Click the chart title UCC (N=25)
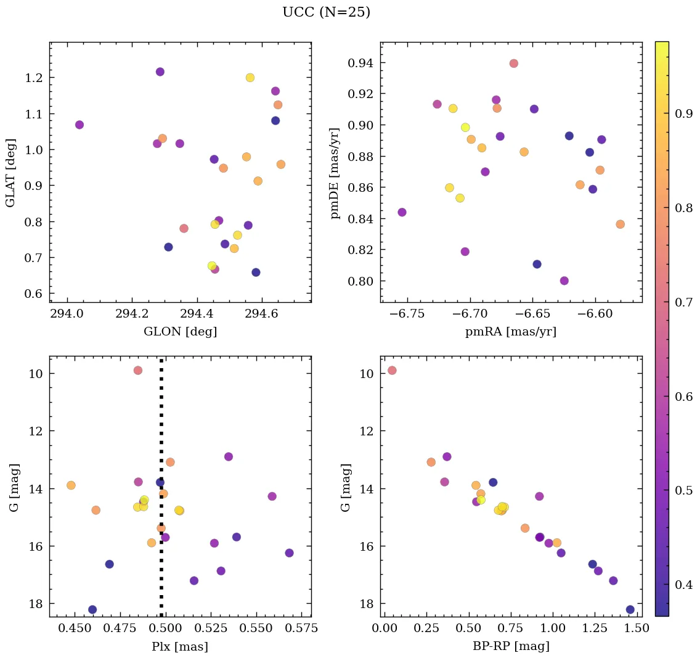[x=326, y=12]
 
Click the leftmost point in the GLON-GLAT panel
[x=79, y=125]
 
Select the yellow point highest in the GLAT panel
[x=250, y=78]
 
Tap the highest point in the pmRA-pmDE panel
[x=514, y=64]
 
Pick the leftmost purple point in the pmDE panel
[x=402, y=212]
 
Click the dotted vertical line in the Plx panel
[x=161, y=432]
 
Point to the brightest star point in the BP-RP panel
[x=392, y=371]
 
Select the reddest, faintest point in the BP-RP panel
[x=630, y=609]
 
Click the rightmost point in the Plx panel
[x=290, y=553]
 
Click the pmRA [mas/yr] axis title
[x=511, y=332]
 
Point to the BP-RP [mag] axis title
[x=511, y=646]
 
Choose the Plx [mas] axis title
[x=180, y=646]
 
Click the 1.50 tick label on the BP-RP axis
[x=636, y=629]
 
